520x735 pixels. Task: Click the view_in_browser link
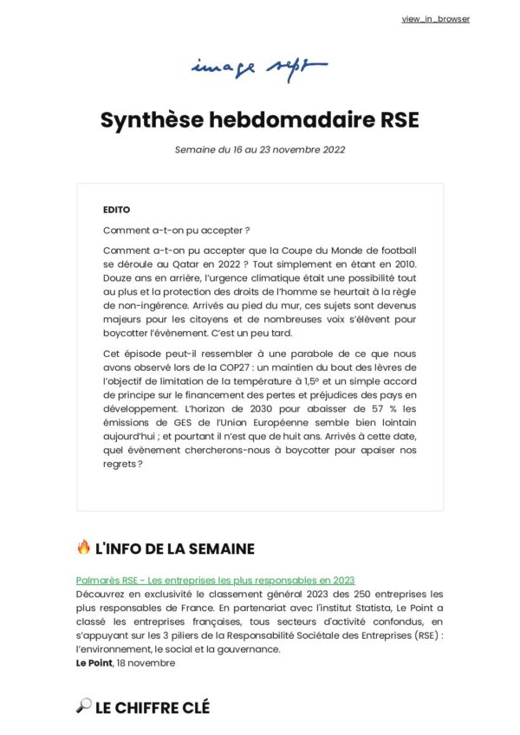click(436, 19)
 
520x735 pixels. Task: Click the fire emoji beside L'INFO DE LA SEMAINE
click(83, 548)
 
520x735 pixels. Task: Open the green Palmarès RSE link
click(215, 579)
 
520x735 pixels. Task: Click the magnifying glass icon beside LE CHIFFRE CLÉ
click(83, 707)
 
